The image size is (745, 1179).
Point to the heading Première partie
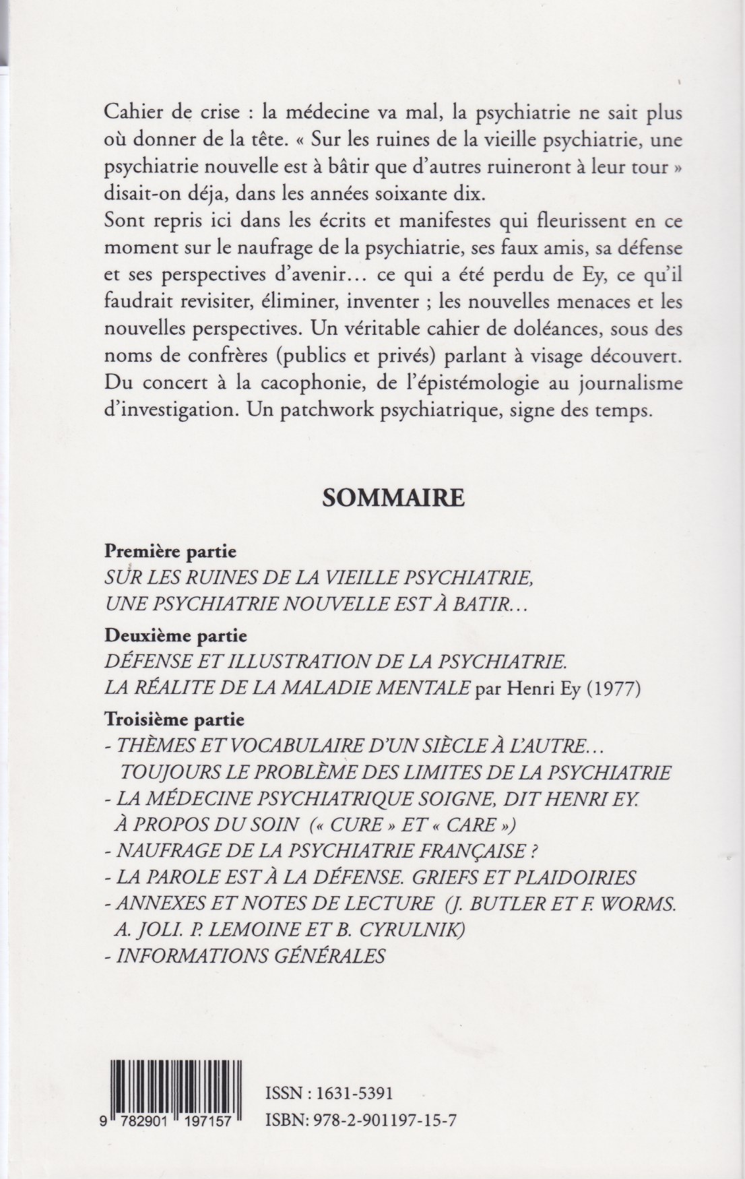tap(170, 551)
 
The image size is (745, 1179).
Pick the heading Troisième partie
tap(174, 720)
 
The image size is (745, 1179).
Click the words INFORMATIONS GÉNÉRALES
tap(251, 956)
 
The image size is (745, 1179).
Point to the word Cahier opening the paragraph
tap(133, 114)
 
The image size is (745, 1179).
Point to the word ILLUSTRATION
tap(266, 662)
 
